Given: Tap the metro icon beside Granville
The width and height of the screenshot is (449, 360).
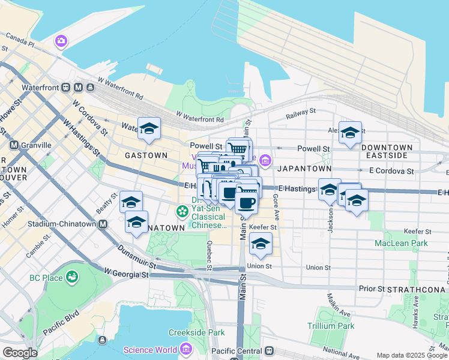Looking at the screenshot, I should click(14, 145).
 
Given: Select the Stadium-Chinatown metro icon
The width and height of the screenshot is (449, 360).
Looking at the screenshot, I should click(103, 224).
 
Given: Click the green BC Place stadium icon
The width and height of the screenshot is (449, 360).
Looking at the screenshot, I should click(73, 277).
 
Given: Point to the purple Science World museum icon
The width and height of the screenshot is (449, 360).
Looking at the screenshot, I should click(185, 349).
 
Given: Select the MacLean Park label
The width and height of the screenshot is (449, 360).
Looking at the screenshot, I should click(401, 243).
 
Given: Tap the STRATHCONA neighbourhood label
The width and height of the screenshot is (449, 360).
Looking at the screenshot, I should click(417, 289).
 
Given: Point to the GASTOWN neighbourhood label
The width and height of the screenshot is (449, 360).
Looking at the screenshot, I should click(146, 155).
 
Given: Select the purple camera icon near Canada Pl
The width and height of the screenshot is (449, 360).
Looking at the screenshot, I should click(61, 41).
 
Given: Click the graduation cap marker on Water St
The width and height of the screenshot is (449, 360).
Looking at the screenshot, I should click(149, 128).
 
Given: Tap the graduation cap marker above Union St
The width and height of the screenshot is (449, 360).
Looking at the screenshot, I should click(261, 244).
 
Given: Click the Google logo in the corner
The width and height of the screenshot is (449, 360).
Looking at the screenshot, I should click(20, 353).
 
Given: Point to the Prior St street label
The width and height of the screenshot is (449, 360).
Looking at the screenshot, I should click(372, 289).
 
